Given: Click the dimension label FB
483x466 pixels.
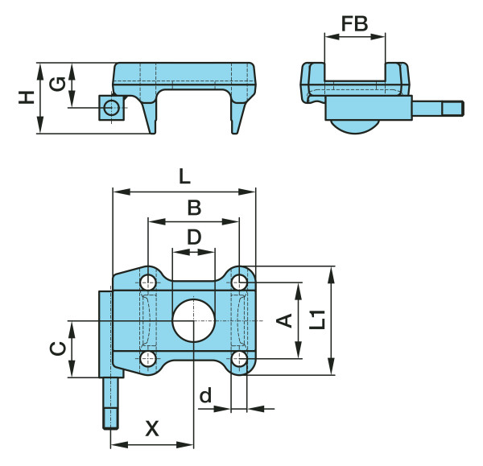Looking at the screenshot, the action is pyautogui.click(x=354, y=23).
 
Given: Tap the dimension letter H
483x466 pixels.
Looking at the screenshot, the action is pyautogui.click(x=27, y=97).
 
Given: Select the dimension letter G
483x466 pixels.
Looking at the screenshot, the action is pyautogui.click(x=58, y=84).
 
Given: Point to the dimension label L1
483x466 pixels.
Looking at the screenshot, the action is pyautogui.click(x=318, y=320).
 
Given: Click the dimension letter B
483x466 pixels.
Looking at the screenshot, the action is pyautogui.click(x=194, y=208).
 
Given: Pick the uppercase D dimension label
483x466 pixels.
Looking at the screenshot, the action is pyautogui.click(x=194, y=237).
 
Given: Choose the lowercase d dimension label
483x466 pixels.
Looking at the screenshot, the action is pyautogui.click(x=205, y=395).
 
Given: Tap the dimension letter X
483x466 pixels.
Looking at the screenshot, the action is pyautogui.click(x=152, y=428).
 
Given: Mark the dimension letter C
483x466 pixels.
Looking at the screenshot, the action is pyautogui.click(x=58, y=348).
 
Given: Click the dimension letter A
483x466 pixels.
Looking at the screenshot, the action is pyautogui.click(x=284, y=320).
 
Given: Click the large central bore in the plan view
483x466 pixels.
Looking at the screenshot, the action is pyautogui.click(x=193, y=320).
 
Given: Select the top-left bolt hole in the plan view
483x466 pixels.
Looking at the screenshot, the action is pyautogui.click(x=148, y=282).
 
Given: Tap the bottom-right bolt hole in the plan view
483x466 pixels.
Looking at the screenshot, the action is pyautogui.click(x=239, y=359).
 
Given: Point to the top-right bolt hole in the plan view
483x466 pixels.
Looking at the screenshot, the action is pyautogui.click(x=239, y=282).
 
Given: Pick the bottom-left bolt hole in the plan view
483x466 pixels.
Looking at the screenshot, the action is pyautogui.click(x=148, y=359).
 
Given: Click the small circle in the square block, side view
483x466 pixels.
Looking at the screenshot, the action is pyautogui.click(x=111, y=108).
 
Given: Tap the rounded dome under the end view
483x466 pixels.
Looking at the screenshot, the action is pyautogui.click(x=355, y=126).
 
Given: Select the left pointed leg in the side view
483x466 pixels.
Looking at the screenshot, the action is pyautogui.click(x=150, y=117).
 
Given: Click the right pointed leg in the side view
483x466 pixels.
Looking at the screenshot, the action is pyautogui.click(x=238, y=117).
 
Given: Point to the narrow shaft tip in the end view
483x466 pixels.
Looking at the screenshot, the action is pyautogui.click(x=453, y=109).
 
